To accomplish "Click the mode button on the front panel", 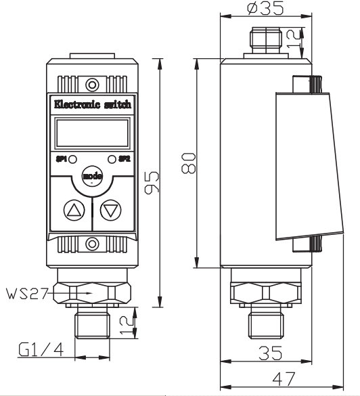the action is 92,176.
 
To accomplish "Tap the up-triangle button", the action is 74,210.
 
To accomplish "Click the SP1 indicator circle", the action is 73,159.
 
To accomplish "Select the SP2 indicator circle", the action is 112,159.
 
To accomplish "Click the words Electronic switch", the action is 93,104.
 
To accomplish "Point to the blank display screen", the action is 92,133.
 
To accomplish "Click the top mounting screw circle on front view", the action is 92,85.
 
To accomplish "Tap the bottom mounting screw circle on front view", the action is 92,244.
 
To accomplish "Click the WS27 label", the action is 27,294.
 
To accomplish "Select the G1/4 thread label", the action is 41,349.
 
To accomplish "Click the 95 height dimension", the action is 152,182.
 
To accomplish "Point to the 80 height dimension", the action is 189,163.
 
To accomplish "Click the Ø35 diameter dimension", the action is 265,8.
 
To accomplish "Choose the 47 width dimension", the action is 284,379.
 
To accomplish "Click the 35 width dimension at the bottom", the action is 271,353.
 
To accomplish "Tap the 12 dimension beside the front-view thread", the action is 127,325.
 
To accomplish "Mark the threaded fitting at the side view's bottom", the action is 265,325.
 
